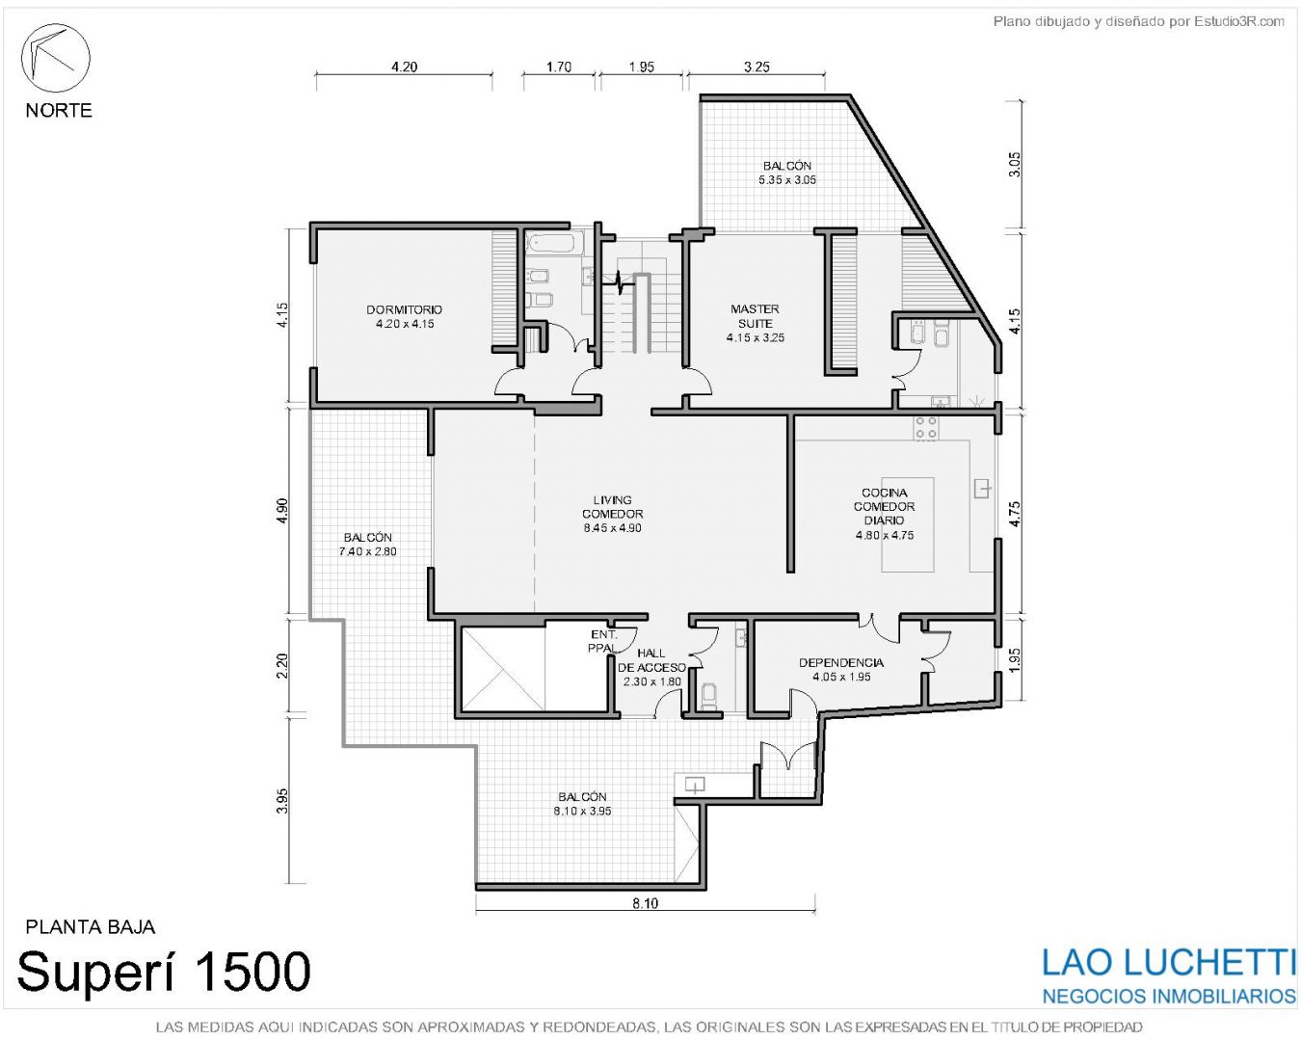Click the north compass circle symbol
56,58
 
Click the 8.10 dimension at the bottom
645,904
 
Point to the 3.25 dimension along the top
757,67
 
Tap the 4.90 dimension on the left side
281,512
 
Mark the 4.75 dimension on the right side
1015,514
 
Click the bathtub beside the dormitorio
550,244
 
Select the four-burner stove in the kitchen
925,427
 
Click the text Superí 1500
163,971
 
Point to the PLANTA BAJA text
90,926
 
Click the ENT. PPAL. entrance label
603,641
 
